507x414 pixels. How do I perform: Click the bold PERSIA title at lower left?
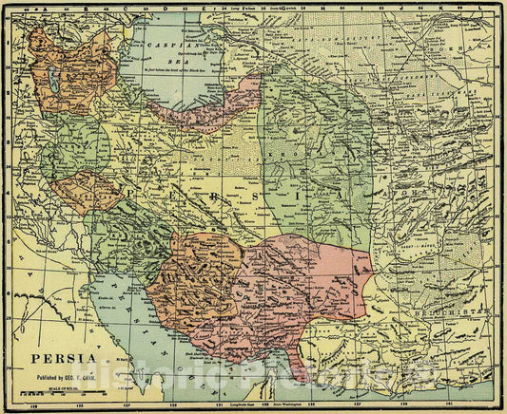(62, 358)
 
